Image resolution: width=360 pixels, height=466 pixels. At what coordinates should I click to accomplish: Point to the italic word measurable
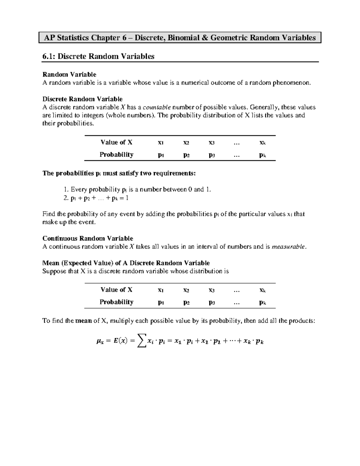(289, 247)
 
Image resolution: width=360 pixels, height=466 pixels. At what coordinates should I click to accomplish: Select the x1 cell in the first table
(161, 143)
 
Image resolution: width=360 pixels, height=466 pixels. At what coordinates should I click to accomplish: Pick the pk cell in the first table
(262, 155)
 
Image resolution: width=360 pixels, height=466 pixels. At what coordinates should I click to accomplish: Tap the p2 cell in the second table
(186, 302)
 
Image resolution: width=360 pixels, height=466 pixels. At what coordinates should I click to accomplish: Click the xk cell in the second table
(262, 290)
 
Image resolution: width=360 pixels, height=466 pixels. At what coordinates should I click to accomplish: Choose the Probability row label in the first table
(116, 155)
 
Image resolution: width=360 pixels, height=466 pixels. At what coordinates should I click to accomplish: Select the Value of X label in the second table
(116, 290)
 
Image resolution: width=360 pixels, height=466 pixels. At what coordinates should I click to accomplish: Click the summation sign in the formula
(141, 341)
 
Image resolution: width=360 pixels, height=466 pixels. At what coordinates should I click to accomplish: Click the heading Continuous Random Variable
(88, 239)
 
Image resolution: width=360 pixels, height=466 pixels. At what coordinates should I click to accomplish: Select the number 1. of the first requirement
(66, 190)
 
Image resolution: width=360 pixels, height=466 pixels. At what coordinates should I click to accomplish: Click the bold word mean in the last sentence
(84, 321)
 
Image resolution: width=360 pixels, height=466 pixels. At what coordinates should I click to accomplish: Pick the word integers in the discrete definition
(92, 116)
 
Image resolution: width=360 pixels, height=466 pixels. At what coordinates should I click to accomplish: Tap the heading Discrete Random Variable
(82, 99)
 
